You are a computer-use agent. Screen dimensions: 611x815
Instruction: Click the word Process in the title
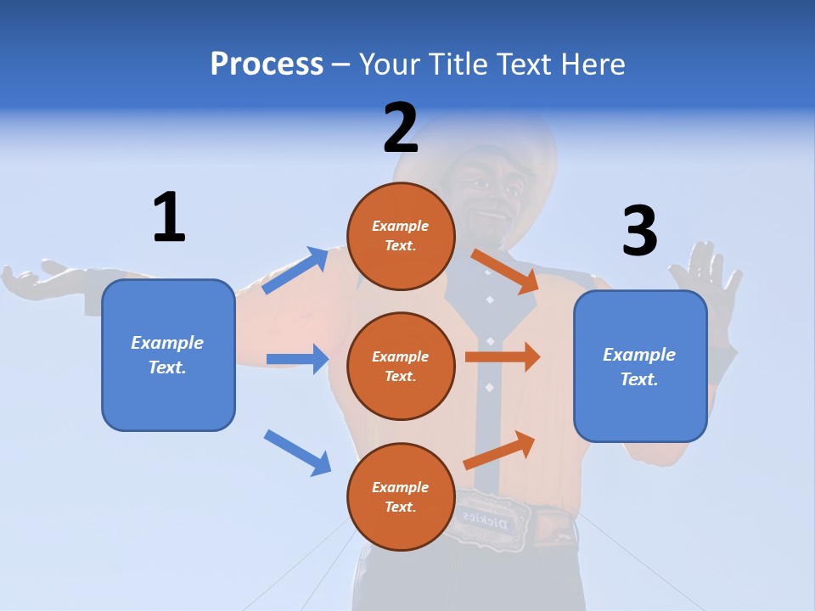pos(267,64)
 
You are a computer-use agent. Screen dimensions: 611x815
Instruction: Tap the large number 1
pos(169,217)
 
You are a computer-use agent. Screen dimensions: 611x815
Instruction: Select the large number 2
pos(401,127)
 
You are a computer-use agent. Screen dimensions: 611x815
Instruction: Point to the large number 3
pos(639,231)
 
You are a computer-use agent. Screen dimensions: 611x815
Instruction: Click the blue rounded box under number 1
pos(168,355)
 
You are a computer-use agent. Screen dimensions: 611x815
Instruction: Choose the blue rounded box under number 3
pos(640,366)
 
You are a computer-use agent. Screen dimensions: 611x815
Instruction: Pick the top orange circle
pos(401,235)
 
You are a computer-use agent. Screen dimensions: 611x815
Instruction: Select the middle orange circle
pos(401,366)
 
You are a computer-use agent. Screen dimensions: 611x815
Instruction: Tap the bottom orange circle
pos(401,496)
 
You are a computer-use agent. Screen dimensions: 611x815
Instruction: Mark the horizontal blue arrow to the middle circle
pos(297,359)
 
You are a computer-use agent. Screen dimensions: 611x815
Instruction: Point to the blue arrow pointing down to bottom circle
pos(298,452)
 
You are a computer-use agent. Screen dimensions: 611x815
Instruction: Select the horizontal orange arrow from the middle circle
pos(503,357)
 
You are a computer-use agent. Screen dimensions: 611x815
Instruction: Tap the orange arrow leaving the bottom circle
pos(500,451)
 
